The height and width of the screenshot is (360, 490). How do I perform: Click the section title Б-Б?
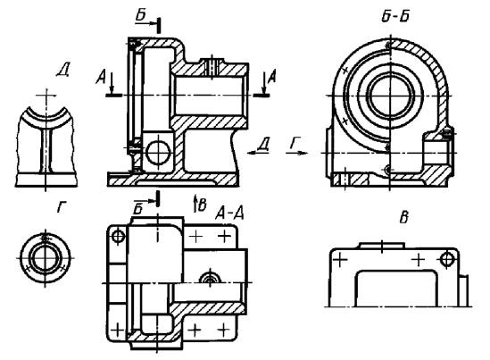tap(395, 16)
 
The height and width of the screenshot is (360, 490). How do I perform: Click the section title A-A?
tap(229, 213)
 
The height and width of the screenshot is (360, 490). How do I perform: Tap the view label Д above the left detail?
tap(63, 71)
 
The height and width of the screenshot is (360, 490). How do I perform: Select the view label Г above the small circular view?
tap(62, 207)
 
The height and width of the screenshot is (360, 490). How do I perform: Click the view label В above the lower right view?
tap(404, 218)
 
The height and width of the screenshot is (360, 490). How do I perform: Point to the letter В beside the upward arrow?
tap(203, 205)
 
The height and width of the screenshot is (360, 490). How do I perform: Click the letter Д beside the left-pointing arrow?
tap(263, 144)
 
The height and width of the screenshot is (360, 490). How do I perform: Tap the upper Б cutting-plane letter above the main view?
tap(142, 15)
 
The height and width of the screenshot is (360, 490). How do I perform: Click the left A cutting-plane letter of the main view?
tap(101, 77)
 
